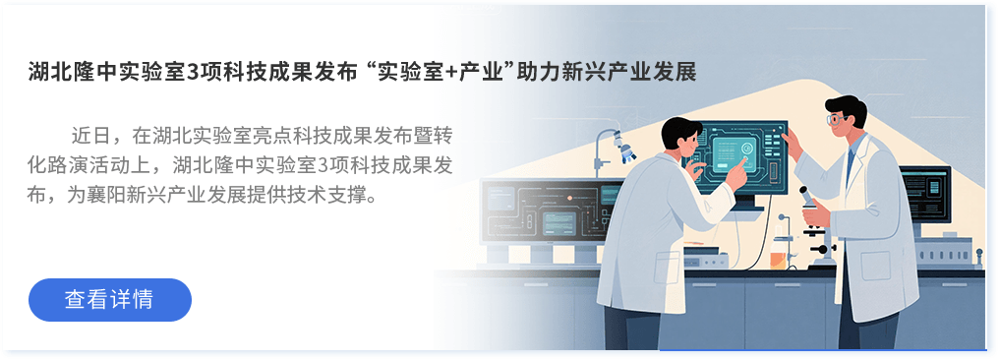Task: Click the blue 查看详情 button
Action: pos(109,299)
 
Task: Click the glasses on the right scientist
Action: pos(836,118)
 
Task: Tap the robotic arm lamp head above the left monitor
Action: pos(625,148)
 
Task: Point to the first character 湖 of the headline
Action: pos(37,73)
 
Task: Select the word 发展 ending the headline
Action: pos(677,73)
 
